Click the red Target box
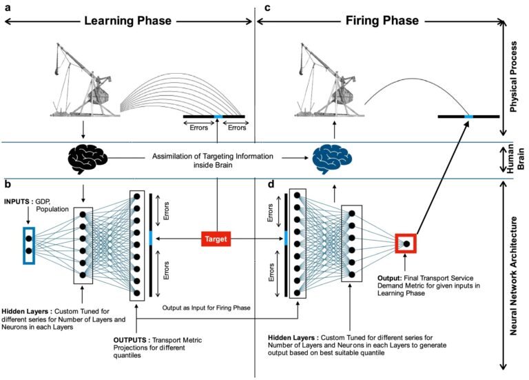(216, 239)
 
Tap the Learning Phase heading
(128, 21)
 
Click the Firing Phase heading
(382, 21)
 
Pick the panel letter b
(8, 184)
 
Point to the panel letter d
(271, 184)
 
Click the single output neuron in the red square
(406, 243)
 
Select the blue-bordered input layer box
(29, 246)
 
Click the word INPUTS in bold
(17, 201)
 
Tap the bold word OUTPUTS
(129, 340)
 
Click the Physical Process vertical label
(513, 77)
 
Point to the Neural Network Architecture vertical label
(513, 276)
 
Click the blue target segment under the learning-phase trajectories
(218, 117)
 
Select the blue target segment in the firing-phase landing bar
(468, 117)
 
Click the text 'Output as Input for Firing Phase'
(206, 308)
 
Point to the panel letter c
(267, 8)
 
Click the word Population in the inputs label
(52, 210)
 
